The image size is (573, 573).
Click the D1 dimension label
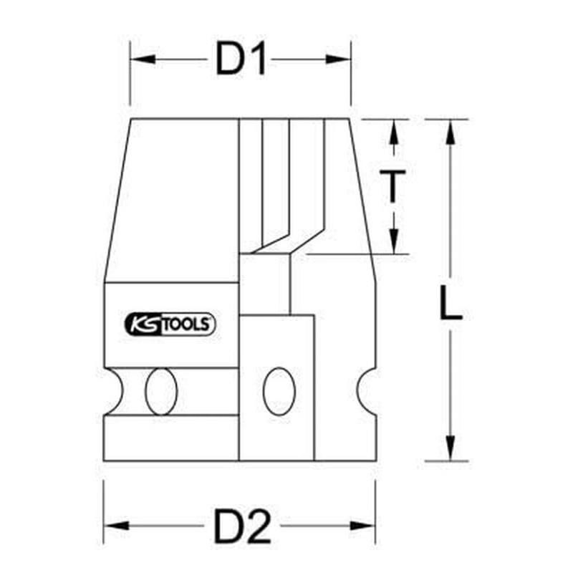(x=241, y=59)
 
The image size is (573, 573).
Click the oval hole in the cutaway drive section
(x=277, y=392)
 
